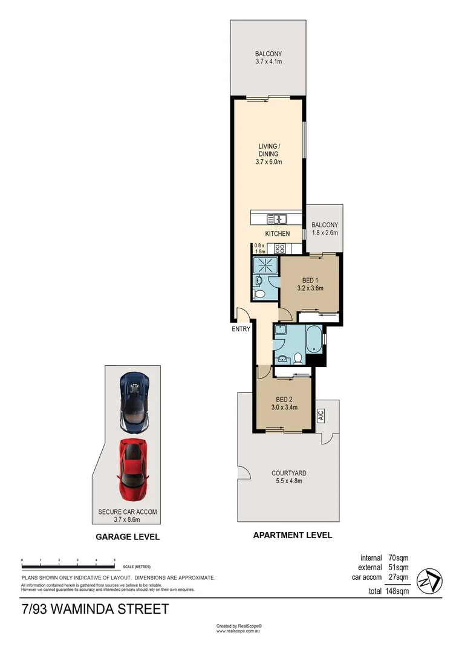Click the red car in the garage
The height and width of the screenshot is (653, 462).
(133, 470)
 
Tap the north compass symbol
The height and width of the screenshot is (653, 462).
(431, 581)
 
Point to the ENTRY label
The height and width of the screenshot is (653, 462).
(240, 329)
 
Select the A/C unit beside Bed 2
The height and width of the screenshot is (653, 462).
(321, 415)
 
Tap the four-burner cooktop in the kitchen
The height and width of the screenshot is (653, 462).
(280, 248)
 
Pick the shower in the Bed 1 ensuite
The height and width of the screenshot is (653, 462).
(264, 265)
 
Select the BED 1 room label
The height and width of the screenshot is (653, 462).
(310, 280)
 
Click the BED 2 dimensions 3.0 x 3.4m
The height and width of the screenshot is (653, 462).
(284, 408)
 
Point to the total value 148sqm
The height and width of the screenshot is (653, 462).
(397, 591)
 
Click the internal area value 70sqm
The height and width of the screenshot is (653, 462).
(399, 558)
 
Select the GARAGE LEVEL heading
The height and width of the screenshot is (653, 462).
(128, 536)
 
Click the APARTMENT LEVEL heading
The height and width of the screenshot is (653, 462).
(292, 535)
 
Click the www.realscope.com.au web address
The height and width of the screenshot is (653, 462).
(239, 631)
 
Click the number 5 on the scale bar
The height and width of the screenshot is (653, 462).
(114, 561)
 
